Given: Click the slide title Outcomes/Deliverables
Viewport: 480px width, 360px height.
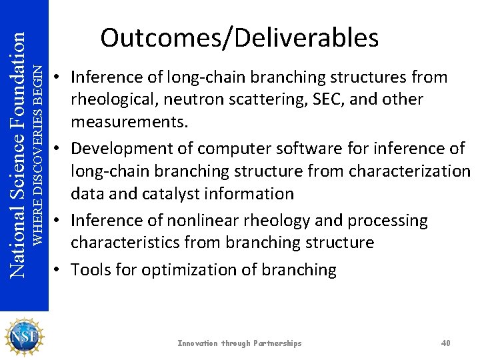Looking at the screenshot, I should (x=239, y=38).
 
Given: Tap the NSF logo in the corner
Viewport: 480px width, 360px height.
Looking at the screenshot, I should (x=24, y=337).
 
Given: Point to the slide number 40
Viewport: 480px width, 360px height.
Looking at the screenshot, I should (x=446, y=343).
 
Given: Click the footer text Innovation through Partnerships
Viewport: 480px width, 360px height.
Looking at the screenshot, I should (x=239, y=343).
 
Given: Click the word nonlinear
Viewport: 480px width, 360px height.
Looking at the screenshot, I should (x=193, y=220).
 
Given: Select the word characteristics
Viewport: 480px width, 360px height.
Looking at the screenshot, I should (x=127, y=243).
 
